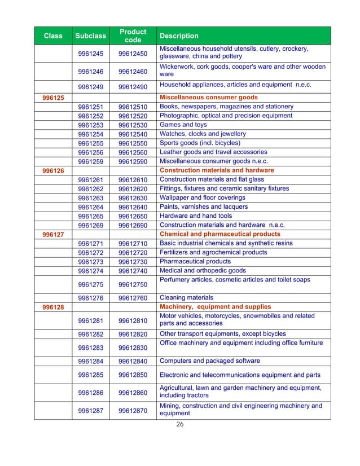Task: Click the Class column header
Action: [53, 36]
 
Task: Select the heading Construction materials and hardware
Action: [217, 170]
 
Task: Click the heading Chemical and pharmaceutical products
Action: [220, 234]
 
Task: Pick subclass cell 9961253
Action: [91, 125]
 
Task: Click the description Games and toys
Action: [183, 125]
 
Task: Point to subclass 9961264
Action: [91, 207]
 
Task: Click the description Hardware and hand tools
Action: [196, 216]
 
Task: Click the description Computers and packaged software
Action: [210, 361]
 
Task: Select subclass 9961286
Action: [91, 392]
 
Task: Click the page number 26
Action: [181, 425]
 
